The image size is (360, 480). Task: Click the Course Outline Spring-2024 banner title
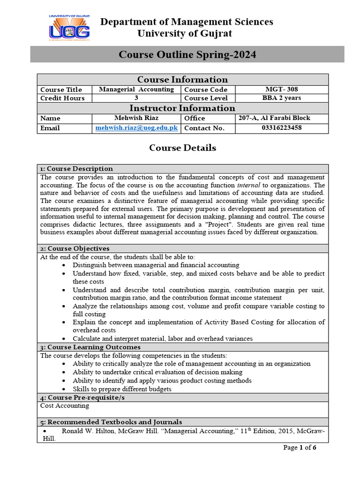(x=187, y=54)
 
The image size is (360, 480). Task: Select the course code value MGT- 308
(x=281, y=89)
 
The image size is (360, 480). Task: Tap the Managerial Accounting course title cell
(x=136, y=89)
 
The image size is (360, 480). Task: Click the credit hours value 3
(x=136, y=98)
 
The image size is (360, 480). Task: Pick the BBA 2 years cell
(x=281, y=98)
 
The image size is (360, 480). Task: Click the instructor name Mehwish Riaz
(x=136, y=118)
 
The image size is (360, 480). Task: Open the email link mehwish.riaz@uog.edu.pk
(x=136, y=127)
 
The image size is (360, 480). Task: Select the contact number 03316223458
(x=281, y=127)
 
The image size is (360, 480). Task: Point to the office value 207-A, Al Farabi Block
(x=274, y=118)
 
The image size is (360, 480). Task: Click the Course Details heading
(x=182, y=148)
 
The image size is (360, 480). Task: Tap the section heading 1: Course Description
(x=76, y=169)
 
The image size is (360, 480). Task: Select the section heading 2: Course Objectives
(x=75, y=248)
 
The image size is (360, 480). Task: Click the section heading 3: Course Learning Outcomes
(x=90, y=347)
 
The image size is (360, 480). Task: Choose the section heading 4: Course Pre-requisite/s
(x=82, y=397)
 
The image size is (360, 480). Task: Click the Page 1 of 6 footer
(x=300, y=448)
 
